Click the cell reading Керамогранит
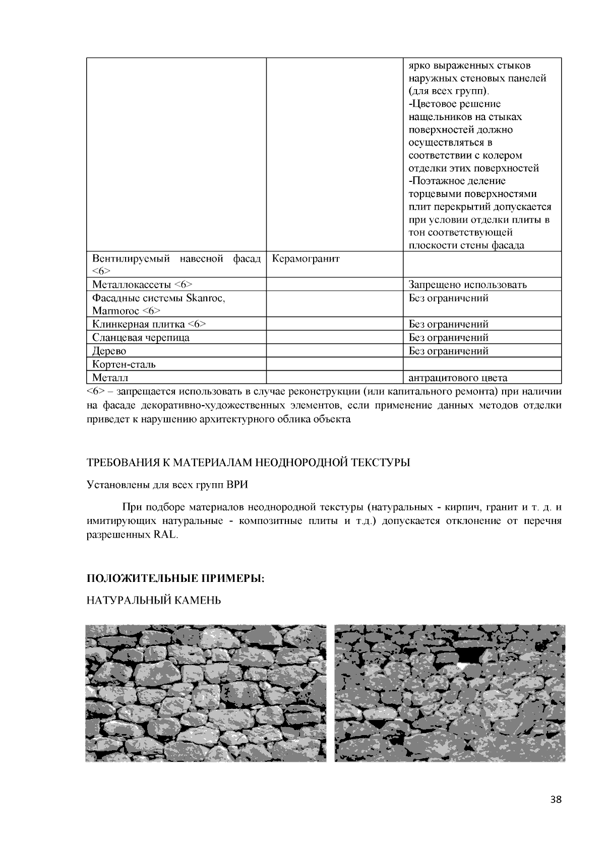coord(306,259)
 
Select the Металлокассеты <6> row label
coord(142,285)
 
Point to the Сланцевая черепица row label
coord(141,338)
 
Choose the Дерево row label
coord(109,351)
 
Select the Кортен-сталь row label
coord(124,364)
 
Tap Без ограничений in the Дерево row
coord(448,351)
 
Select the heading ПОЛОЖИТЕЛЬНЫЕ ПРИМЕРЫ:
coord(176,578)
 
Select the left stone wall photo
coord(205,693)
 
